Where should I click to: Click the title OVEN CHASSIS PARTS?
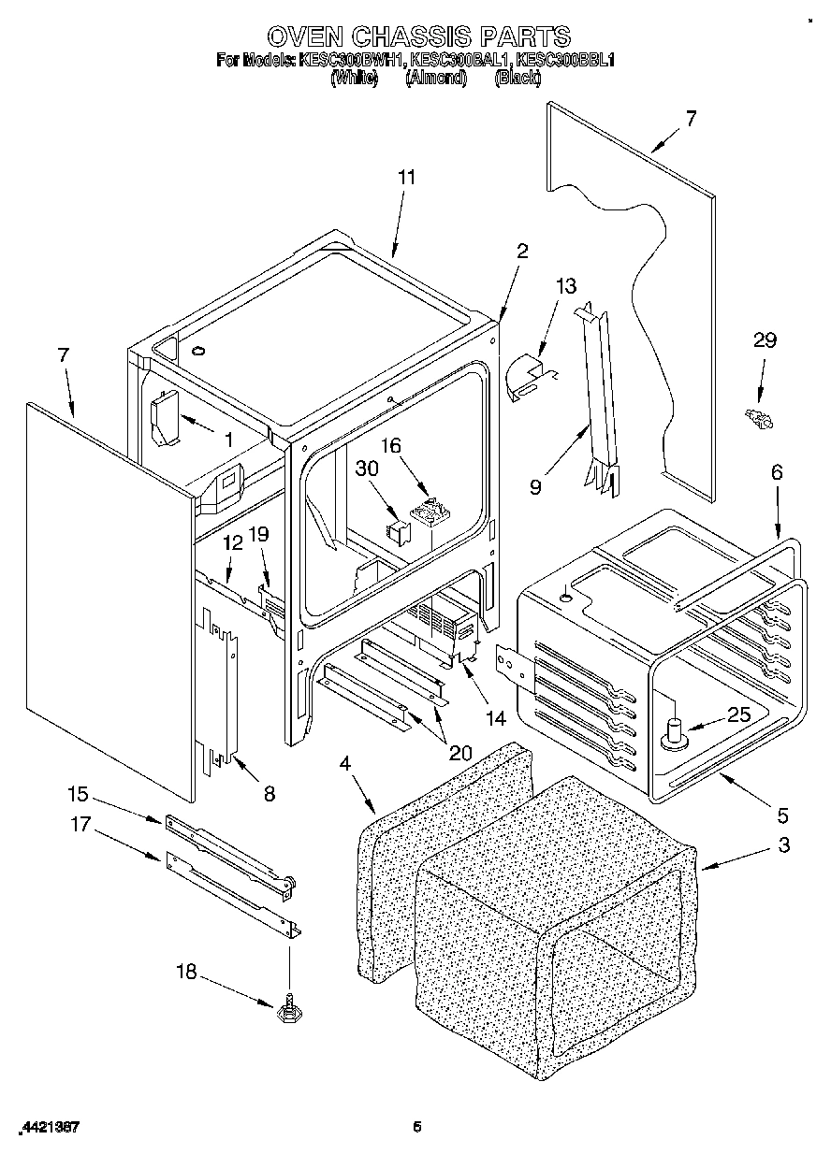pyautogui.click(x=418, y=36)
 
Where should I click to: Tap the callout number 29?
pyautogui.click(x=765, y=340)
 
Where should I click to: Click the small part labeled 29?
pyautogui.click(x=758, y=419)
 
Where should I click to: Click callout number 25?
pyautogui.click(x=739, y=716)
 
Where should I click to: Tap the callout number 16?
pyautogui.click(x=389, y=447)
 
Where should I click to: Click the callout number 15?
pyautogui.click(x=78, y=794)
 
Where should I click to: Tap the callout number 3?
pyautogui.click(x=782, y=845)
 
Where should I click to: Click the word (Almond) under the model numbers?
pyautogui.click(x=435, y=79)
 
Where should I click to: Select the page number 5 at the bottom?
pyautogui.click(x=417, y=1127)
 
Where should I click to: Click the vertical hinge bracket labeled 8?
pyautogui.click(x=221, y=692)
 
